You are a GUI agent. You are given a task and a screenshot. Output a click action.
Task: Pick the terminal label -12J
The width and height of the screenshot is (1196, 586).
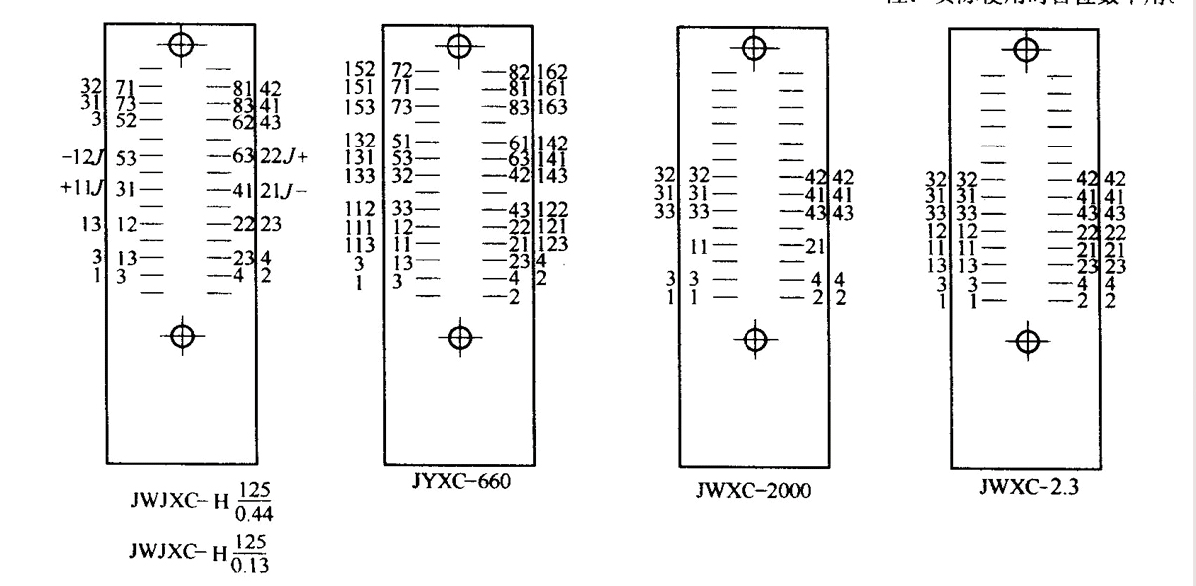click(x=83, y=156)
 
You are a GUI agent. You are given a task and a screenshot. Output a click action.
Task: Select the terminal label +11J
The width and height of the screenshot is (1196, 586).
click(x=83, y=188)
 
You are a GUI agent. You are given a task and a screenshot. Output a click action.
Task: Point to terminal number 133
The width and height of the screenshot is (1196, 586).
click(x=360, y=175)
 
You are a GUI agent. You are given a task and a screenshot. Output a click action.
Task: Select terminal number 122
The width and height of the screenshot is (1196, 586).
click(x=552, y=209)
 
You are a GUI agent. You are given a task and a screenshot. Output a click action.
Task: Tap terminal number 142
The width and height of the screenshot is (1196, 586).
click(x=552, y=142)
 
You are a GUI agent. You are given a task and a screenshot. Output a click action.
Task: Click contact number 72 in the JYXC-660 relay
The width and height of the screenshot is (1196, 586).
click(x=402, y=70)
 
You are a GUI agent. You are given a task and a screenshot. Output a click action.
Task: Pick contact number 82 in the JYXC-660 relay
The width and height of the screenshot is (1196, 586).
click(x=518, y=70)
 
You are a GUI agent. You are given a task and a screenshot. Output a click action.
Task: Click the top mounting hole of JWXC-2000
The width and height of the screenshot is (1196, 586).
click(x=754, y=47)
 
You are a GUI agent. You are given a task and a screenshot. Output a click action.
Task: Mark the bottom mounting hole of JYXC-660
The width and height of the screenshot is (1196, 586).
click(x=459, y=337)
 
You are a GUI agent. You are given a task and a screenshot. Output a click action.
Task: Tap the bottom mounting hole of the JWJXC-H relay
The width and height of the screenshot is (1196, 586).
click(x=180, y=335)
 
